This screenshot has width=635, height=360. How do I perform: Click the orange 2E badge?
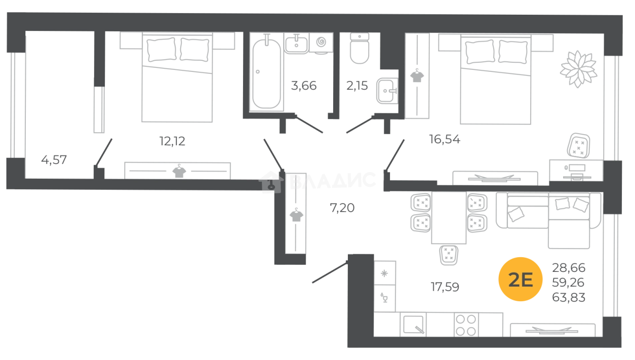(x=521, y=279)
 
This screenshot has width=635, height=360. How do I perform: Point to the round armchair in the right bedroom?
(x=578, y=66)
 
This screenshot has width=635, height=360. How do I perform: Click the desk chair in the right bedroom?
(x=576, y=147)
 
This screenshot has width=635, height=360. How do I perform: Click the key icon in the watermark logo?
(x=270, y=183)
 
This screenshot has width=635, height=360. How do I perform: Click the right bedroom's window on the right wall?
(x=615, y=106)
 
